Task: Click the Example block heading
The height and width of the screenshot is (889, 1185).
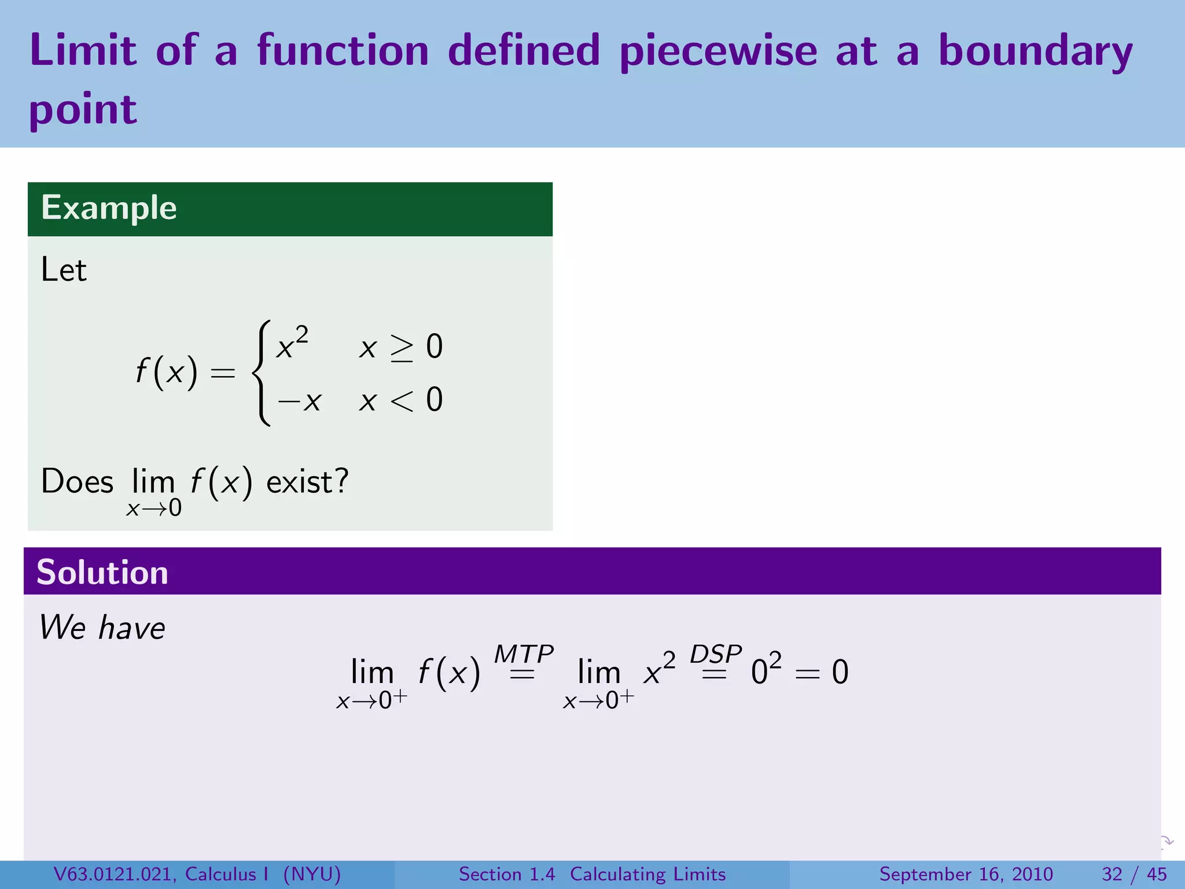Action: click(x=109, y=208)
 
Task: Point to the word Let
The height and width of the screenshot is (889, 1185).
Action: click(x=64, y=270)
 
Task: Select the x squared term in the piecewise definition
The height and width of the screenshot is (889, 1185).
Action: click(x=292, y=344)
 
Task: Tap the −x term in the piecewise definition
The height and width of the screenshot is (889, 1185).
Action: click(x=299, y=401)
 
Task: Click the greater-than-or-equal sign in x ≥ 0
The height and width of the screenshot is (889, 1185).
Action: click(x=402, y=348)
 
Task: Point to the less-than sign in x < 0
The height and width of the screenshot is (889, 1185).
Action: click(x=402, y=401)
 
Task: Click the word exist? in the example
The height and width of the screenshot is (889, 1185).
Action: click(x=307, y=482)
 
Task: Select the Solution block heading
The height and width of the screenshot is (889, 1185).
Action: click(x=102, y=572)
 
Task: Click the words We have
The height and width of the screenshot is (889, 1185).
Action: click(x=102, y=627)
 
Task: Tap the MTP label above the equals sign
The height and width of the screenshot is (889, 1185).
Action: click(x=523, y=655)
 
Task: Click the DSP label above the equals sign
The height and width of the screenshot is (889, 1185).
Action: click(x=715, y=654)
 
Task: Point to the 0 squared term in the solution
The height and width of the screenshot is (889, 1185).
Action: click(x=766, y=670)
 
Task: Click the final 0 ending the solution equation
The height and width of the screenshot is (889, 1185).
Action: click(x=840, y=673)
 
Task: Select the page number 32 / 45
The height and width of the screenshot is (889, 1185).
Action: click(x=1134, y=874)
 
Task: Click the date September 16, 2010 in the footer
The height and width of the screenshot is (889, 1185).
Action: click(x=966, y=874)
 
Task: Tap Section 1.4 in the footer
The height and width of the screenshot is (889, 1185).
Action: click(x=506, y=874)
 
